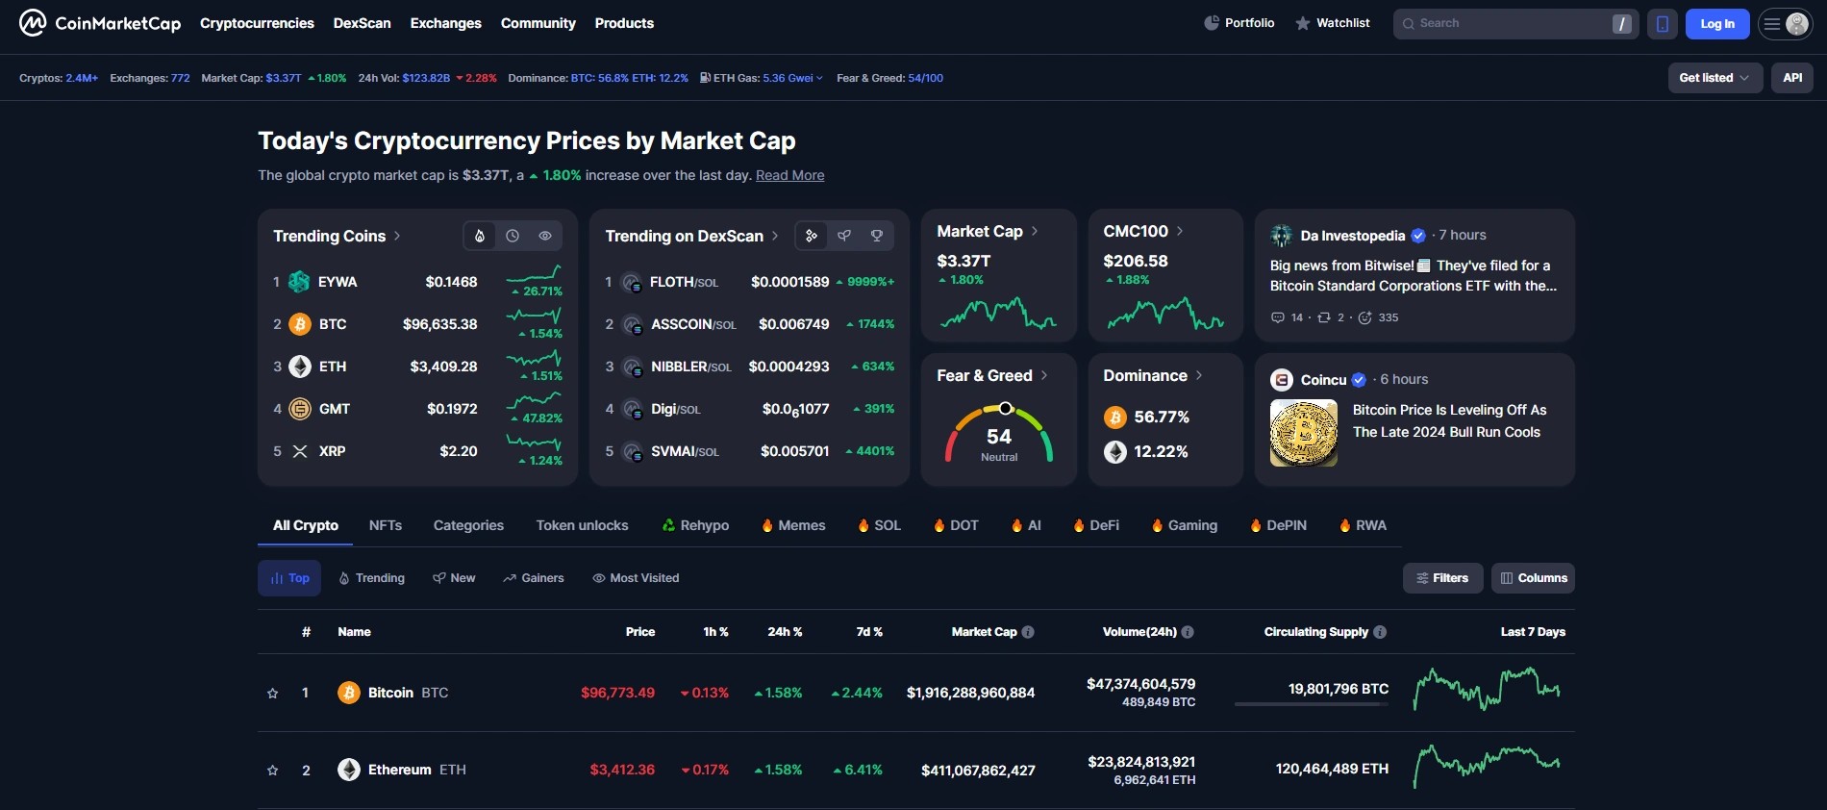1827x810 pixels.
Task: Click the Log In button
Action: point(1716,24)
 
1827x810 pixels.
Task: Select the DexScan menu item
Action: point(362,23)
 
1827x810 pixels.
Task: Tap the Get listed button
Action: point(1714,78)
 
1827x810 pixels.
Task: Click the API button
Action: point(1792,78)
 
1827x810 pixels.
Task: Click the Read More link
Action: point(789,175)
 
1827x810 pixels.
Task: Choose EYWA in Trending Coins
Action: point(338,282)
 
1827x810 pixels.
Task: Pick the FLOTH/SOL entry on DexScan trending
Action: point(683,282)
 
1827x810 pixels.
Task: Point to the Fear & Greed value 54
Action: point(999,437)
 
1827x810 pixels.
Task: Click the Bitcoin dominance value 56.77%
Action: point(1162,417)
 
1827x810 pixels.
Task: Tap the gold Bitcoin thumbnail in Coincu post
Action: point(1303,433)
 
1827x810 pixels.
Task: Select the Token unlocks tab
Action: point(582,525)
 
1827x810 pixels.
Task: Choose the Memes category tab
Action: point(801,525)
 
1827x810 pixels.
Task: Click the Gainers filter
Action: point(534,578)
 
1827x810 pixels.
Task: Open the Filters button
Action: point(1442,578)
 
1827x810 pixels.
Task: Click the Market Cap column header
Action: point(984,632)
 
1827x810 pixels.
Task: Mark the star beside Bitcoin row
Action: point(273,693)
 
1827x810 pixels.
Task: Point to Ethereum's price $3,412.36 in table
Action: point(622,770)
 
